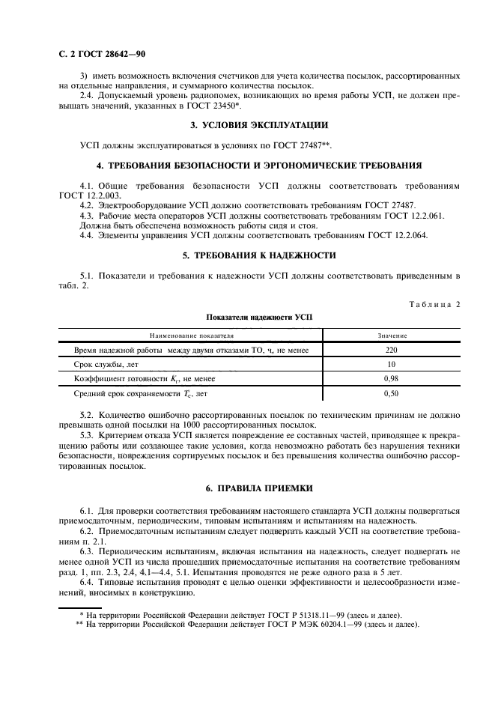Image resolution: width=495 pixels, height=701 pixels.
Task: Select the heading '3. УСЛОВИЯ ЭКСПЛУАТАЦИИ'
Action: pos(246,125)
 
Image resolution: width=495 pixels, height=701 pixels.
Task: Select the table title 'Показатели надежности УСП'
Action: pos(247,317)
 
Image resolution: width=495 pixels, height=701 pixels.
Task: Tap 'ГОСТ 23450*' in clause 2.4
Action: pos(214,106)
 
